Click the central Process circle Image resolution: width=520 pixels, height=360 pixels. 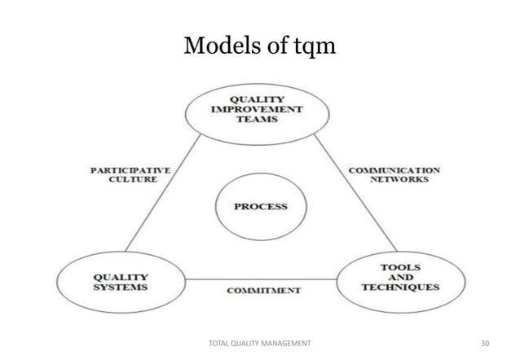tap(260, 207)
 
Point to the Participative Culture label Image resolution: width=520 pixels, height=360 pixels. tap(130, 175)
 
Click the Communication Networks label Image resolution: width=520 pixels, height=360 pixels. tap(394, 175)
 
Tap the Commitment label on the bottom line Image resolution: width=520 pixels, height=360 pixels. tap(263, 289)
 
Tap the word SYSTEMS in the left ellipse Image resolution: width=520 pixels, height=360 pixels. tap(121, 288)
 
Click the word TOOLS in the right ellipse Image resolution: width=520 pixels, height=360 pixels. tap(399, 267)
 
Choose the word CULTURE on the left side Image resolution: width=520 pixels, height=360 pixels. tap(133, 180)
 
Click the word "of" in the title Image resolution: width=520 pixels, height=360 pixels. tap(271, 46)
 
